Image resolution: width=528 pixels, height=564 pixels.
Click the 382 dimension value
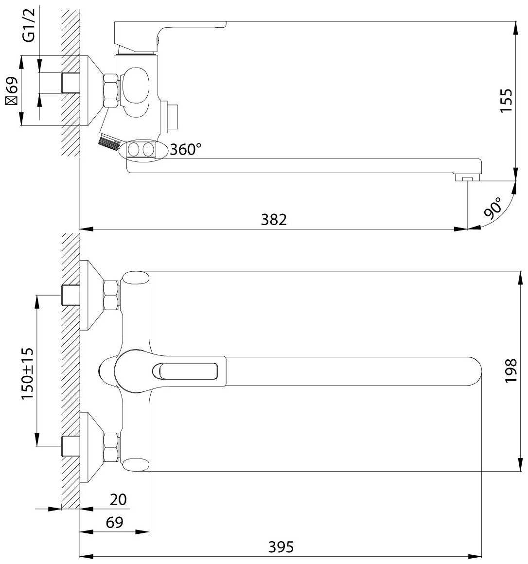274,219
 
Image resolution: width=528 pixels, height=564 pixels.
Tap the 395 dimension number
281,547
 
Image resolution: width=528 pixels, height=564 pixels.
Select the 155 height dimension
507,100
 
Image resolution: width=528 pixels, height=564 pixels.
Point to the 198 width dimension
510,371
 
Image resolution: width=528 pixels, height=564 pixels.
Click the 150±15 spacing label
28,373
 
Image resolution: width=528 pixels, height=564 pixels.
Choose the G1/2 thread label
30,25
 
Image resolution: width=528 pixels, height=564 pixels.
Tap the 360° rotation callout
186,149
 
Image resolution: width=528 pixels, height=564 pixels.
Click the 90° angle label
493,208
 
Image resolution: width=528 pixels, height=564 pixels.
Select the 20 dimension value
118,500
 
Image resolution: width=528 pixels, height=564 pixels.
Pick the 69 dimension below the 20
115,522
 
